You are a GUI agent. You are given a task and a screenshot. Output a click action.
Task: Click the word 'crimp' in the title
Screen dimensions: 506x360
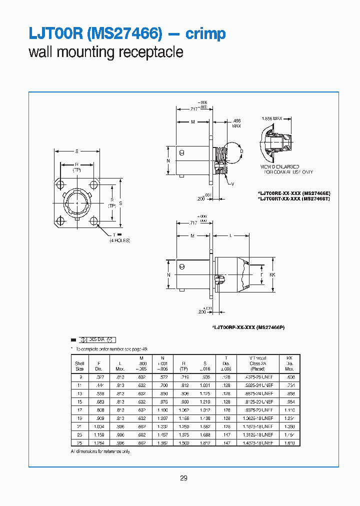(x=205, y=34)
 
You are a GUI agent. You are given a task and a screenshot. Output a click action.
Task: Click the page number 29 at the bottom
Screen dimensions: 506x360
(x=183, y=478)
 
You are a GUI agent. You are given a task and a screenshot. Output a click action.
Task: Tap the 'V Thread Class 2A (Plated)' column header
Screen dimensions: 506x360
(x=257, y=363)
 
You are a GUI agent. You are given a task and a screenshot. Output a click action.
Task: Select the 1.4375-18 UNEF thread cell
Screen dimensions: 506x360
(x=258, y=443)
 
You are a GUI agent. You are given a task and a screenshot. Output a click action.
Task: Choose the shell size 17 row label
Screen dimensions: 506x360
(x=80, y=409)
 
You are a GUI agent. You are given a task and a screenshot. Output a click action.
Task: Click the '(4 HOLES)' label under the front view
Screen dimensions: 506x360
(x=120, y=240)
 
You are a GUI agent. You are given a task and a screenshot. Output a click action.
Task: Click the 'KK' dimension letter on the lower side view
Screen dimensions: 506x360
(x=272, y=275)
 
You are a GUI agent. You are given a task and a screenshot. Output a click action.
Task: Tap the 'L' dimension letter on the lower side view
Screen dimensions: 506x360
(x=230, y=235)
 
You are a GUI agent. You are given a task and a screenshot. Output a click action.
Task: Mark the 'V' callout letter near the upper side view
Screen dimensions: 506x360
(x=233, y=184)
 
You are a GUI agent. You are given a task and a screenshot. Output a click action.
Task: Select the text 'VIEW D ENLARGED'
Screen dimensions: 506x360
(x=279, y=166)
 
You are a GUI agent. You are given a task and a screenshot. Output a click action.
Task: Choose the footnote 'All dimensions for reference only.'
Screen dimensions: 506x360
(x=101, y=451)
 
